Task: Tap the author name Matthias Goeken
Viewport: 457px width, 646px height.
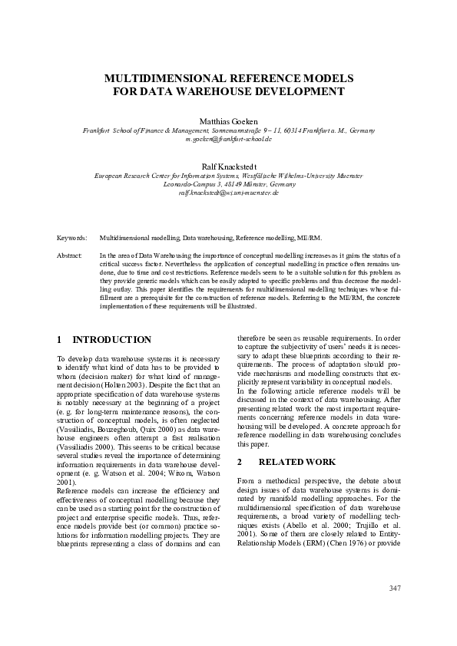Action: [x=228, y=121]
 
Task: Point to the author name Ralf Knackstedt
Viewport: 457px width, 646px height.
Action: [x=228, y=166]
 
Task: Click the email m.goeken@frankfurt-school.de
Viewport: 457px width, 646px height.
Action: [x=228, y=140]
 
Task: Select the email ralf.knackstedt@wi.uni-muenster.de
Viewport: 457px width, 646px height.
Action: [x=228, y=193]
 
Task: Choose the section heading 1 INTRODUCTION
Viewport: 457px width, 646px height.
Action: [x=104, y=340]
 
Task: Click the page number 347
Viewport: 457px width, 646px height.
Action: [x=396, y=588]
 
